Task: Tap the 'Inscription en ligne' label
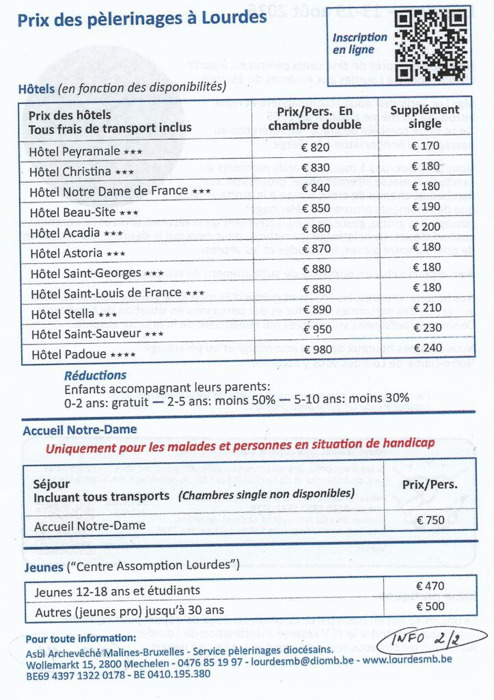pyautogui.click(x=359, y=44)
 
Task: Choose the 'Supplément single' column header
pyautogui.click(x=428, y=116)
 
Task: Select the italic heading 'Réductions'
pyautogui.click(x=95, y=375)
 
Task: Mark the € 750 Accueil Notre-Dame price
pyautogui.click(x=430, y=520)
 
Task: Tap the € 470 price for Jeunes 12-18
pyautogui.click(x=430, y=586)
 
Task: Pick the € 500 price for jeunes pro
pyautogui.click(x=430, y=606)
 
